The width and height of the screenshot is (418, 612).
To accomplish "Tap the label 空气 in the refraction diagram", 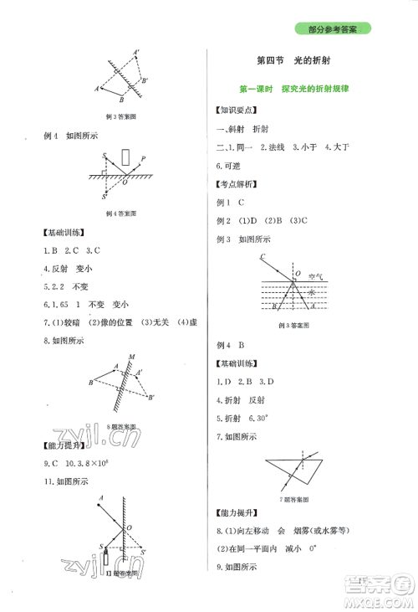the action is click(314, 275).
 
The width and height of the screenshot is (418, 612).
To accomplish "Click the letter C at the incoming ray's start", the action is click(262, 256).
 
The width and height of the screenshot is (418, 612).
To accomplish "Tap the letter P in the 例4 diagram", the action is click(143, 157).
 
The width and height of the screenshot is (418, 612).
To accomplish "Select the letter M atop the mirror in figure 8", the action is click(132, 357).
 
